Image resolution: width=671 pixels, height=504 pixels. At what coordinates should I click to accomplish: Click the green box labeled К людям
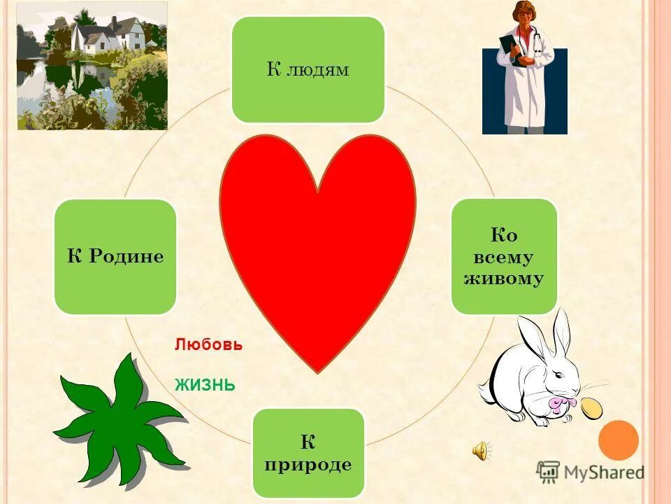308,70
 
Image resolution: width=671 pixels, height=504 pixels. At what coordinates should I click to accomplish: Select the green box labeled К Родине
115,256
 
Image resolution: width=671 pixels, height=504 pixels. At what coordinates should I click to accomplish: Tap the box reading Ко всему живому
504,256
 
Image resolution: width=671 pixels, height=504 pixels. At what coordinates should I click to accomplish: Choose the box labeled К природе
308,452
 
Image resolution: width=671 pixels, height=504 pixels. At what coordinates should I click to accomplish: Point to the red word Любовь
208,345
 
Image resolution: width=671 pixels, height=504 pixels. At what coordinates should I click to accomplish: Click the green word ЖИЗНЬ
204,385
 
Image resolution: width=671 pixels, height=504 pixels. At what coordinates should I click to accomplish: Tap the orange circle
619,440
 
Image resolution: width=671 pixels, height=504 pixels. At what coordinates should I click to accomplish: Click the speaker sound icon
482,451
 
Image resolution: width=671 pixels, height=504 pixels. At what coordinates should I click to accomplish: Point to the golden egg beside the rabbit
591,409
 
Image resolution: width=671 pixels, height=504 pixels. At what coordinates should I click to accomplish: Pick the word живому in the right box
504,279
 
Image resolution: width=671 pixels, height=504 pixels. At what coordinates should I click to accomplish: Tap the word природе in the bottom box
308,465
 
